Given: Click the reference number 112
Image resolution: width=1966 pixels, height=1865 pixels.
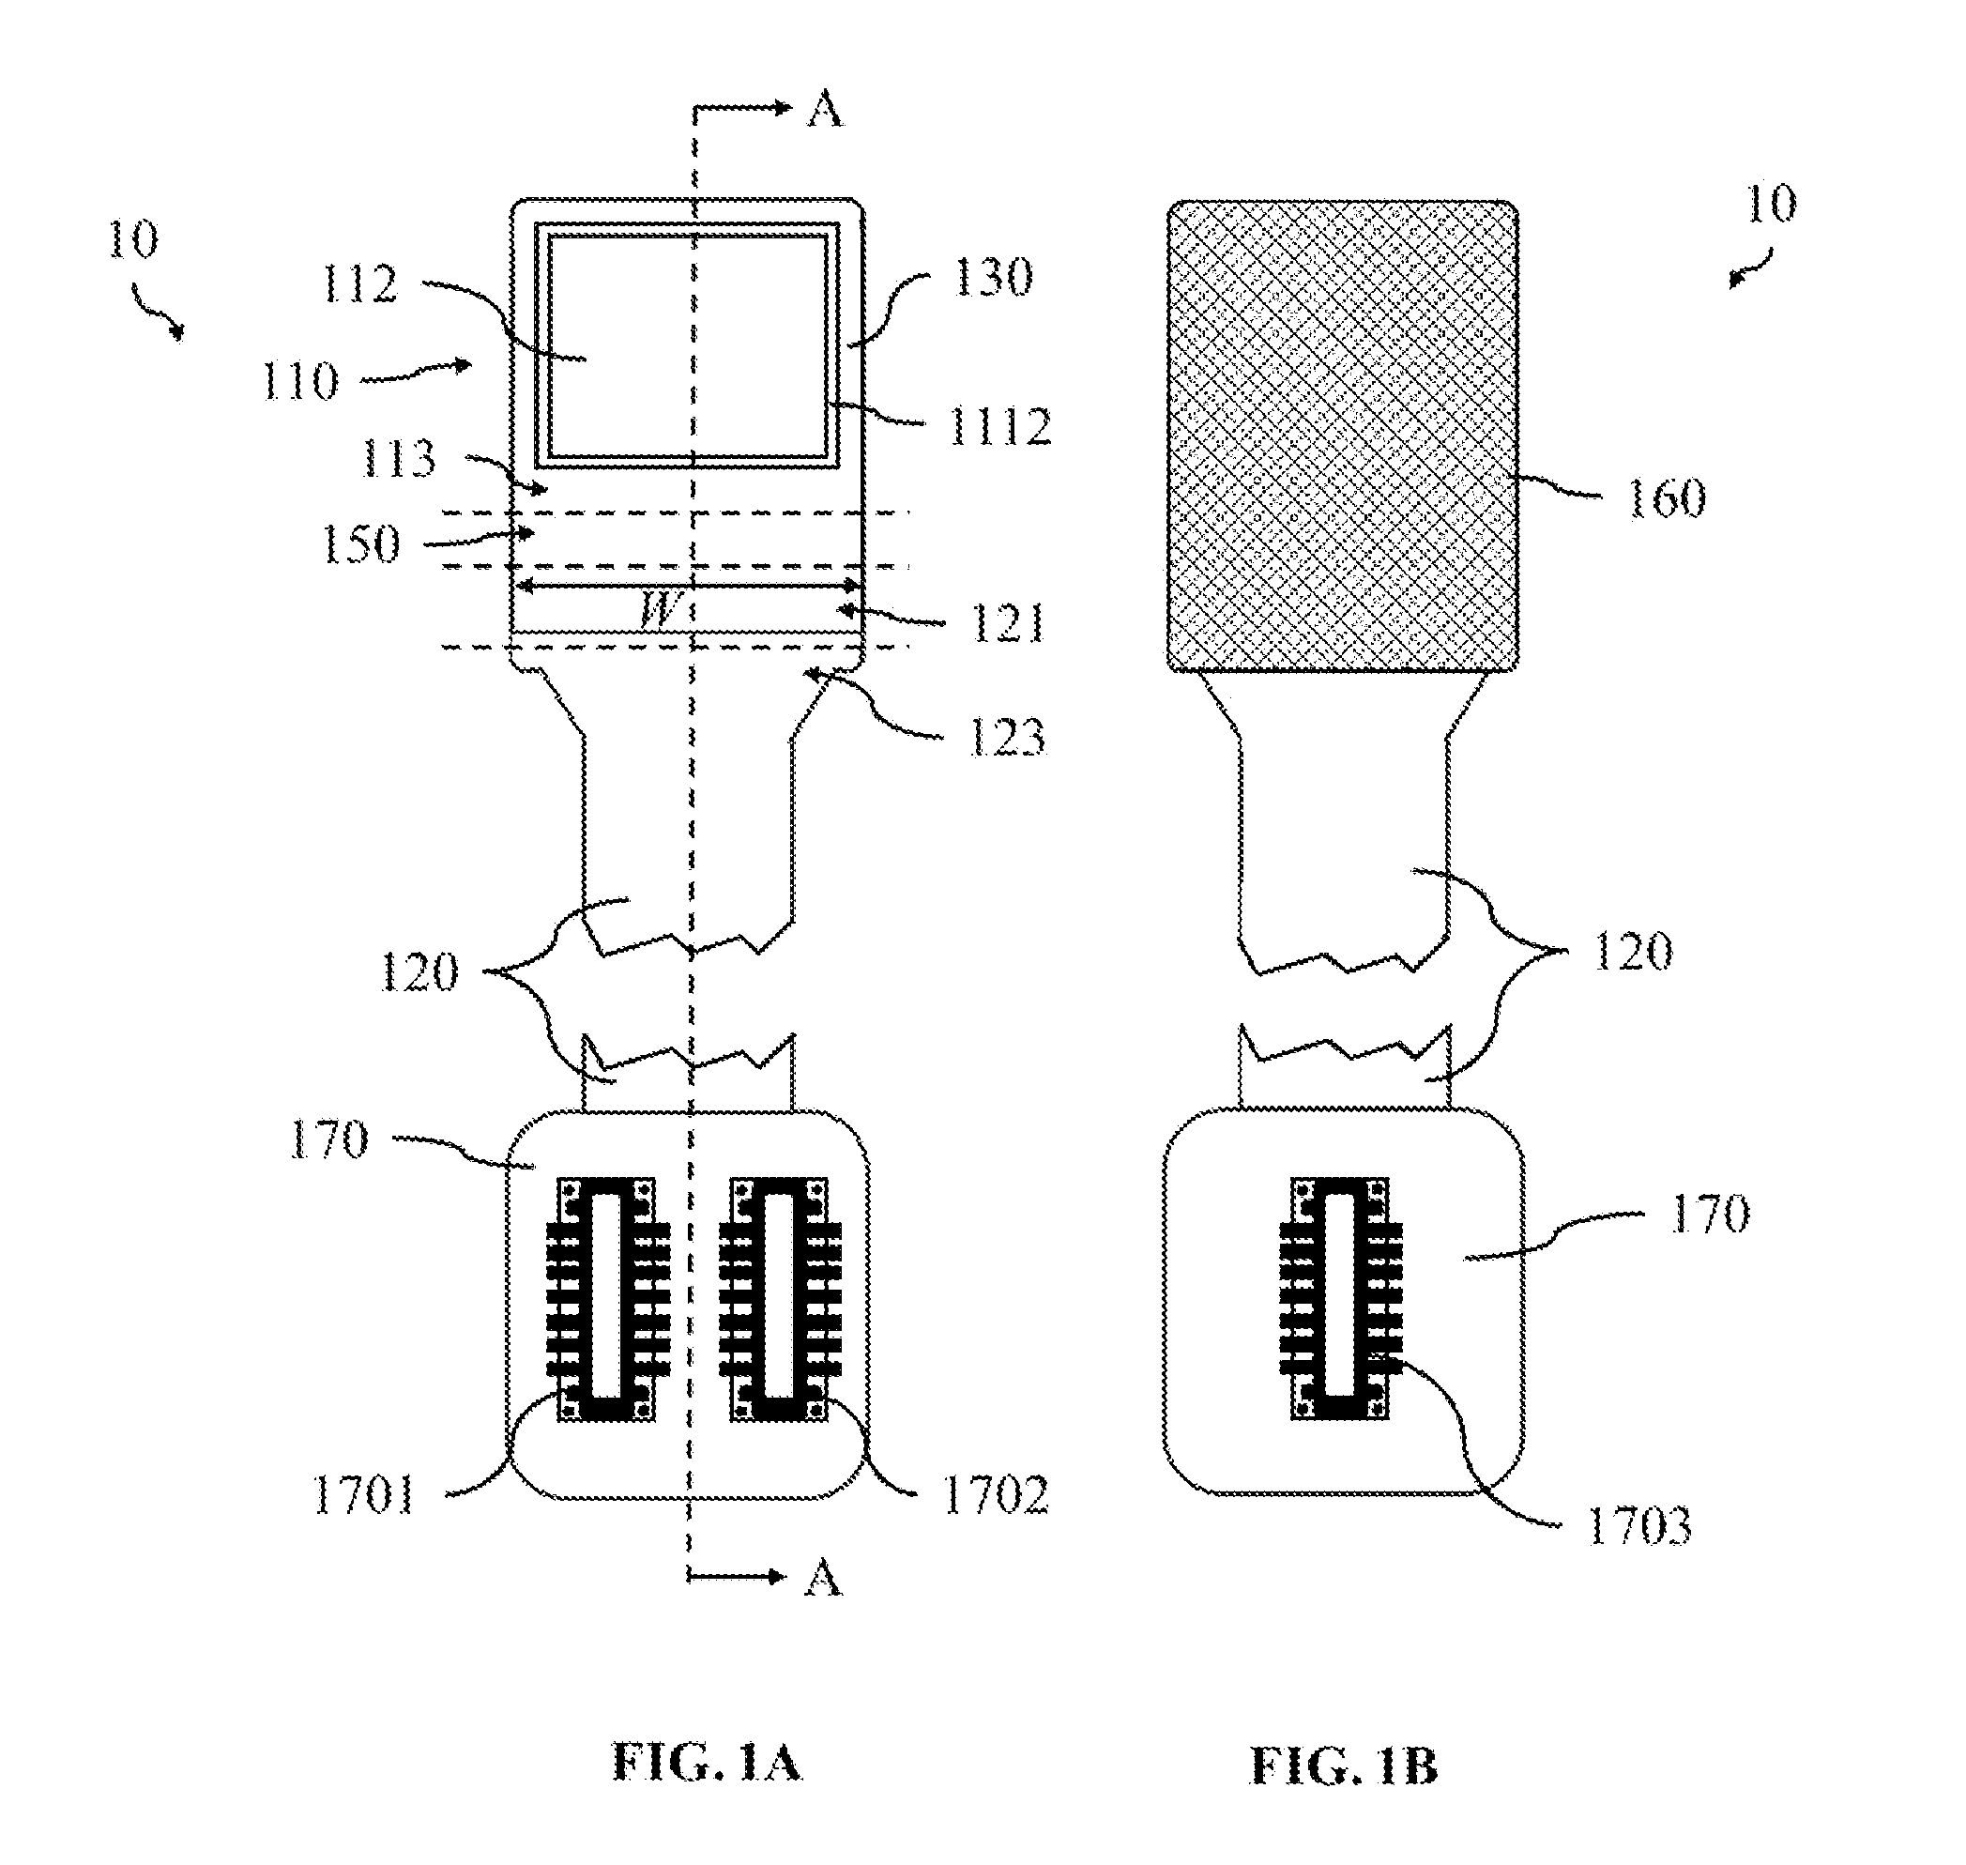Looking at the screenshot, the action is pos(359,285).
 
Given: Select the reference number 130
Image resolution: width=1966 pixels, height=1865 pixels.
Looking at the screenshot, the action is pos(994,276).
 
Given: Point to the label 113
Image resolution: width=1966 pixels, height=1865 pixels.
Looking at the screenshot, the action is pos(398,458).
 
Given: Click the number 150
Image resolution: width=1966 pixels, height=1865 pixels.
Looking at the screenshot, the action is pos(360,544).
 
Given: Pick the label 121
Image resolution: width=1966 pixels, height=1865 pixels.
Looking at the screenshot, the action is pos(1007,624).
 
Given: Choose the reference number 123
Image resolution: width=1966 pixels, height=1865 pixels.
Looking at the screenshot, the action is pos(1007,737).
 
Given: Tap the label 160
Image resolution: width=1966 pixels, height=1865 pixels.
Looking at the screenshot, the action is pos(1666,497).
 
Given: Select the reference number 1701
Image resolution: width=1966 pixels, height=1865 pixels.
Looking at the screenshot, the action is pos(364,1494).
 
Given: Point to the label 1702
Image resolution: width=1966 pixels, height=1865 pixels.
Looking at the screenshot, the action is pos(995,1494).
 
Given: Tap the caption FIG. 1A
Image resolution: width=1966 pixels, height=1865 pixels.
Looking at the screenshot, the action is pos(707,1763).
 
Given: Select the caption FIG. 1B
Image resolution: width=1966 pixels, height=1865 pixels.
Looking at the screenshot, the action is pos(1344,1766).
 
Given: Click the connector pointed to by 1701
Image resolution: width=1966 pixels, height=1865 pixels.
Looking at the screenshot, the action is pos(607,1299).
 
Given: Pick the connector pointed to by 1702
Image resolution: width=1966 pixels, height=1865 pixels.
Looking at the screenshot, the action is pos(779,1299).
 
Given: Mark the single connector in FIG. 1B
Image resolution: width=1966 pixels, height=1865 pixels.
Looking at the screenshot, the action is pos(1340,1299).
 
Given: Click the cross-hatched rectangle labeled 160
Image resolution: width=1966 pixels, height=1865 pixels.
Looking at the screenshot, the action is pos(1342,436).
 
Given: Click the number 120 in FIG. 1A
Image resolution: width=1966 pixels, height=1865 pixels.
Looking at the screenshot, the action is pos(419,971).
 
